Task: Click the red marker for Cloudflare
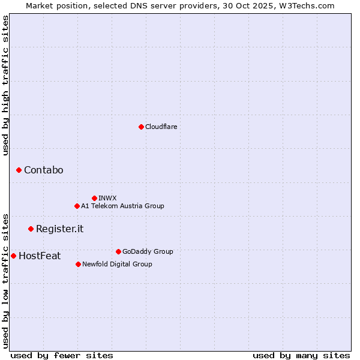(x=141, y=127)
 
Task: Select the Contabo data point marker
(x=19, y=170)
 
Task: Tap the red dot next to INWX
(x=94, y=198)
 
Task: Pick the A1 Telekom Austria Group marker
(x=77, y=206)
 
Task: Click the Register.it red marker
(x=31, y=229)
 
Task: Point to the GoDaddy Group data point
(x=118, y=251)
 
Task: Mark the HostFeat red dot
(x=13, y=256)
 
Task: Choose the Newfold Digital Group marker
(x=78, y=264)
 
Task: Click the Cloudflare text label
(x=161, y=127)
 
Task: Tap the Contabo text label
(x=43, y=170)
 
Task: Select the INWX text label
(x=107, y=198)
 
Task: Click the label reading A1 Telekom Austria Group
(x=122, y=206)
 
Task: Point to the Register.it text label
(x=59, y=229)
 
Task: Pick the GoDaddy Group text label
(x=148, y=251)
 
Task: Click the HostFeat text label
(x=40, y=256)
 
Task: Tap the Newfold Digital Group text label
(x=117, y=264)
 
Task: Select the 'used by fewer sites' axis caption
(x=62, y=355)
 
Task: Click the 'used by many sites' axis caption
(x=301, y=355)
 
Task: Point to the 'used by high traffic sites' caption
(x=5, y=85)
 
